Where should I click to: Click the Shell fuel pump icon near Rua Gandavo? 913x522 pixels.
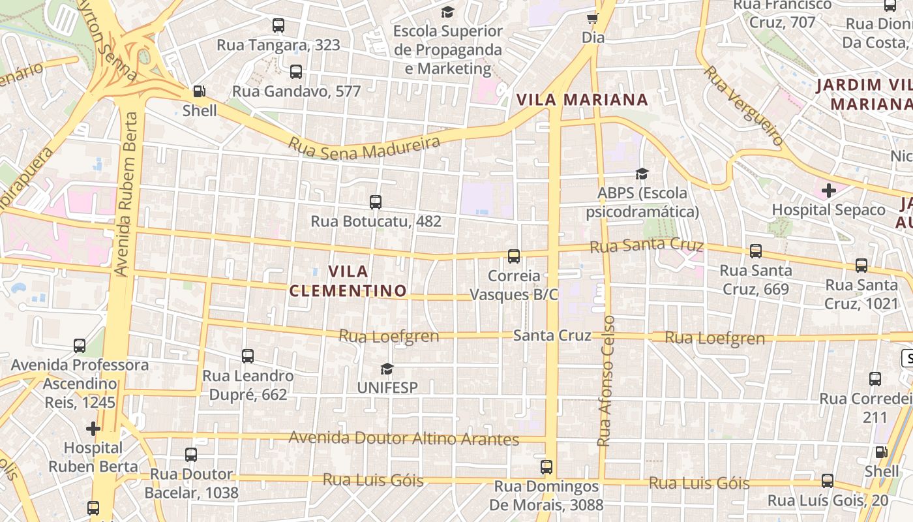[x=200, y=91]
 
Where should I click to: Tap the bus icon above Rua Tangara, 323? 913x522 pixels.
[x=278, y=26]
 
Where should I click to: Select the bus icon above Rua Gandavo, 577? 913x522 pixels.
[x=296, y=72]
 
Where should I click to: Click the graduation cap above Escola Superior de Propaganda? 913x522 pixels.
[x=447, y=12]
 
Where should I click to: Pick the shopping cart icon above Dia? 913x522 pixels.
[x=593, y=18]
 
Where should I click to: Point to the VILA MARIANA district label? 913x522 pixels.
[x=582, y=100]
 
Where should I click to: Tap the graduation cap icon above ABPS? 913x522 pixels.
[x=642, y=174]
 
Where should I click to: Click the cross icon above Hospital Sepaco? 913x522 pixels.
[x=828, y=191]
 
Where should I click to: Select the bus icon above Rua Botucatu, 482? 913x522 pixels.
[x=376, y=202]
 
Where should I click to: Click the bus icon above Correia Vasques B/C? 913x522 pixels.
[x=514, y=256]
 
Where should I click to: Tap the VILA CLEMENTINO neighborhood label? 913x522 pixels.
[x=348, y=281]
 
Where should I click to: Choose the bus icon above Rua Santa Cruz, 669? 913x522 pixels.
[x=755, y=251]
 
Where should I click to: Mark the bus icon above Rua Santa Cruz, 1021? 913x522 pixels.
[x=861, y=266]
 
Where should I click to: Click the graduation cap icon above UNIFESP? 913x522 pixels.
[x=387, y=369]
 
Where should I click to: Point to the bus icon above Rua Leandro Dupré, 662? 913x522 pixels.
[x=248, y=356]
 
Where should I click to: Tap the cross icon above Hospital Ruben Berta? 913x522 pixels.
[x=93, y=429]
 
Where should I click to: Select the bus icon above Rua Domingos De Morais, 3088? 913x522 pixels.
[x=546, y=467]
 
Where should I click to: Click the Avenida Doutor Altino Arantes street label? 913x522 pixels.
[x=404, y=438]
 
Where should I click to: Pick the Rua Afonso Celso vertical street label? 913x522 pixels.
[x=606, y=381]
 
